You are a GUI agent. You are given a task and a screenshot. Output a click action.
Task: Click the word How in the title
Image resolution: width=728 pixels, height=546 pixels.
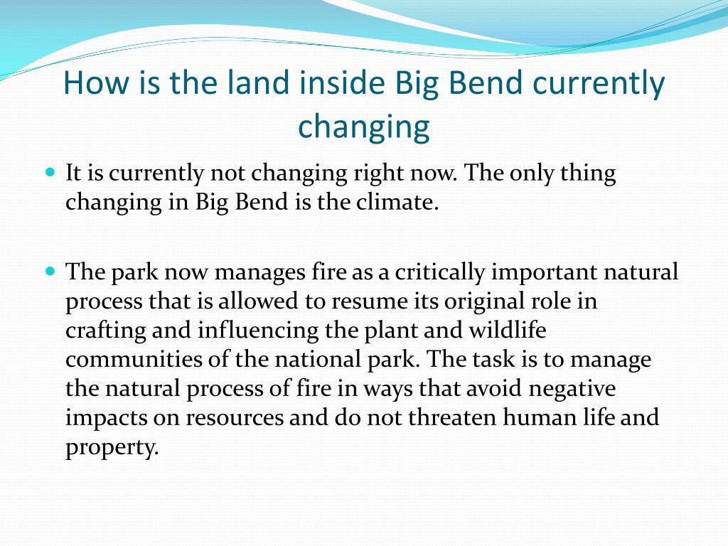pos(96,82)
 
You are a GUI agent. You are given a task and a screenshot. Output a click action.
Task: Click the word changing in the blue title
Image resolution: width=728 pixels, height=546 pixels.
pos(363,127)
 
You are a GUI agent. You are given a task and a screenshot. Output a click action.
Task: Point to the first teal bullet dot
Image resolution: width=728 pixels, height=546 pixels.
pos(50,172)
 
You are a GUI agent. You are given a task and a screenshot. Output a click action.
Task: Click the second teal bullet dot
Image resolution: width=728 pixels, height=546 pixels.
pos(50,271)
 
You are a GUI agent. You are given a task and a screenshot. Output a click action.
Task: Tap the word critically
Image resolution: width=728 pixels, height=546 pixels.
pos(439,272)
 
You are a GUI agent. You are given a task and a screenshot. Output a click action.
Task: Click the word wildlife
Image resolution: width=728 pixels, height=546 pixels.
pos(507,330)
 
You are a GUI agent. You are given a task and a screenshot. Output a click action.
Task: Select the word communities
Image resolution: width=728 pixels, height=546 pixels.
pos(134,359)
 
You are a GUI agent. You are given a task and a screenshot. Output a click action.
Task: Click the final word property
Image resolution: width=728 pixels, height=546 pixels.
pos(112,447)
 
